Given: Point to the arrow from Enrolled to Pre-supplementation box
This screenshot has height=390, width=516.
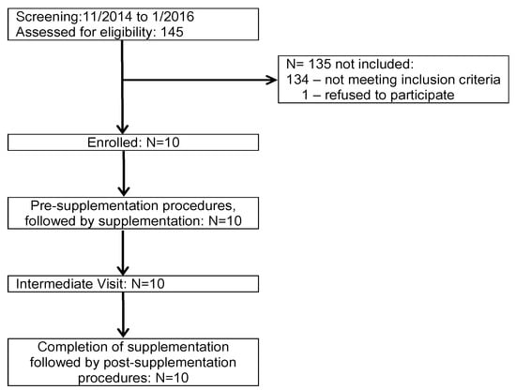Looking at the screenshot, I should pos(123,173).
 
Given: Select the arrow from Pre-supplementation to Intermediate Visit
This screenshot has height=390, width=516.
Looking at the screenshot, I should pos(123,250).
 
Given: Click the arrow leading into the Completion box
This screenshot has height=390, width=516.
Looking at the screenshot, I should pos(123,314).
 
